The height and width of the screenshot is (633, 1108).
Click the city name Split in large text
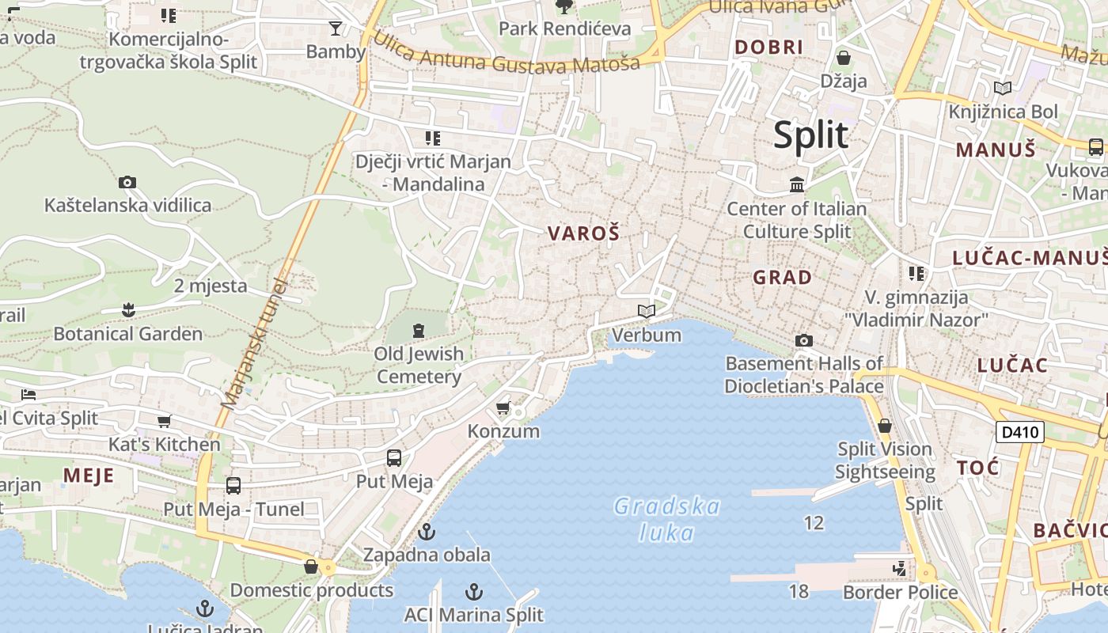tap(810, 135)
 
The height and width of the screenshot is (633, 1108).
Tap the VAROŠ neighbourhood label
tap(583, 233)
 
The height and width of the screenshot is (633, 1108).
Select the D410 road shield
tap(1019, 432)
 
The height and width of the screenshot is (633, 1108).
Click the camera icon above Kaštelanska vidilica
tap(127, 183)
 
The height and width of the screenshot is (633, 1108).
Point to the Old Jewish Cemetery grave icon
tap(419, 330)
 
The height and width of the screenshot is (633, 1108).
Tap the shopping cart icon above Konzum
tap(503, 408)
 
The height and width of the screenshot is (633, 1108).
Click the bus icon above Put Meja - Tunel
tap(233, 486)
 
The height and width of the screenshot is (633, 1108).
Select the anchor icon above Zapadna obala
tap(427, 532)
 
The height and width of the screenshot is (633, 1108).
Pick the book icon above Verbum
tap(647, 312)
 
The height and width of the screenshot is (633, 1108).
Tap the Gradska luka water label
tap(667, 519)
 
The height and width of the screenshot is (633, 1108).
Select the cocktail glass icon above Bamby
tap(336, 28)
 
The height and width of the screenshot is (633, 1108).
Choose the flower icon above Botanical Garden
tap(128, 309)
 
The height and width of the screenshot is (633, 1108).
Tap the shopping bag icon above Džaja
tap(844, 58)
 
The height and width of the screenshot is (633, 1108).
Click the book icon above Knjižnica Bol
tap(1003, 89)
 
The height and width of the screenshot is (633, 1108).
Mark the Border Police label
tap(900, 592)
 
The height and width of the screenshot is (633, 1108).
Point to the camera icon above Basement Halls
tap(804, 341)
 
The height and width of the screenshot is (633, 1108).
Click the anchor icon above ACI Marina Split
tap(473, 592)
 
